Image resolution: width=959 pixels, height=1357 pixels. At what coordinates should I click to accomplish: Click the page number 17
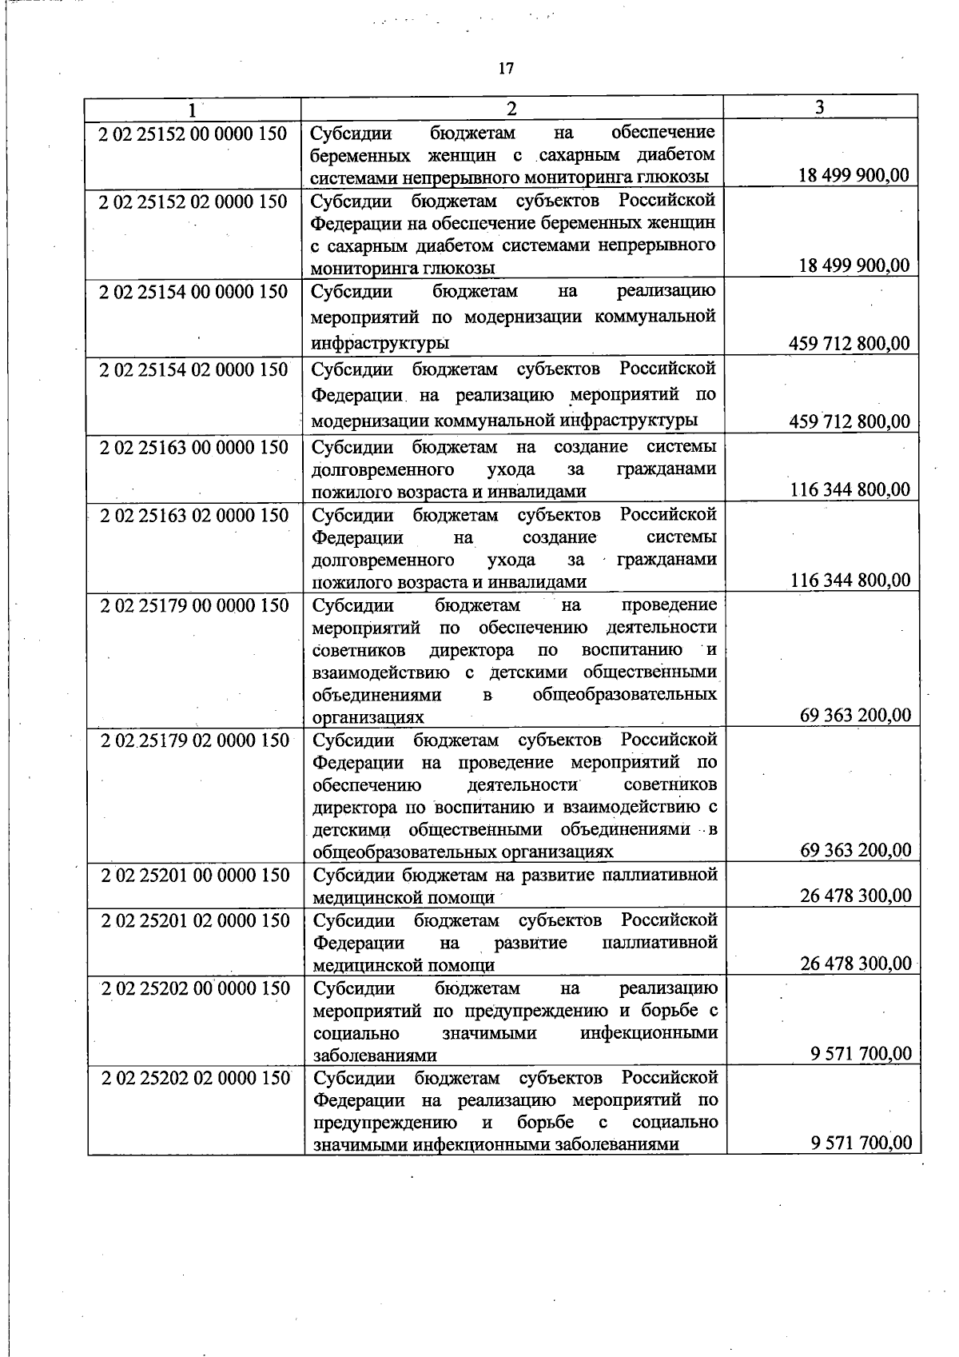tap(506, 69)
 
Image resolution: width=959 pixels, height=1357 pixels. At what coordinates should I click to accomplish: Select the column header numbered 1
tap(192, 109)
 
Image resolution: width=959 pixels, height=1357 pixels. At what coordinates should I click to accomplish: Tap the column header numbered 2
tap(511, 109)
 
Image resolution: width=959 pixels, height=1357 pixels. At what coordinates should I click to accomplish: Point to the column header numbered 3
tap(820, 108)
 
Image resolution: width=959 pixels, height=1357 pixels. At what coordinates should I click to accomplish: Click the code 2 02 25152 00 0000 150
tap(193, 134)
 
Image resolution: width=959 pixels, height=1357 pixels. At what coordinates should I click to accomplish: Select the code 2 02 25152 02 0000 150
tap(193, 202)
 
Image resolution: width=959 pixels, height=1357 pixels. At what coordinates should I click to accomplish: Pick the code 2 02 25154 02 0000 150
tap(193, 369)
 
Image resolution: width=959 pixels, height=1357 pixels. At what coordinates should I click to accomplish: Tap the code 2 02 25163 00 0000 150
tap(193, 447)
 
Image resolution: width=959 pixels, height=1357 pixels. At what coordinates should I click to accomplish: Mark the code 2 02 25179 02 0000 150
tap(195, 740)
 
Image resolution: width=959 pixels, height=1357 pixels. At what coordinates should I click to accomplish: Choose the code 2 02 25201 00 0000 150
tap(195, 876)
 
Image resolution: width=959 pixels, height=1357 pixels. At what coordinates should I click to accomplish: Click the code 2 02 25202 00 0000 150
tap(196, 989)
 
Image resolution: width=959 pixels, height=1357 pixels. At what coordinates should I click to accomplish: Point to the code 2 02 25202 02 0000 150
tap(196, 1079)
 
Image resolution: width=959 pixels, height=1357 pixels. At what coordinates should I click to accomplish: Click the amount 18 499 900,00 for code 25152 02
tap(854, 266)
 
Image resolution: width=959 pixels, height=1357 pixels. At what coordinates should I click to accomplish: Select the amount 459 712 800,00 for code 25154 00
tap(849, 344)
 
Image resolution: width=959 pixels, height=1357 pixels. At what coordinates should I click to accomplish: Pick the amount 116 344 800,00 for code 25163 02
tap(850, 581)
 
